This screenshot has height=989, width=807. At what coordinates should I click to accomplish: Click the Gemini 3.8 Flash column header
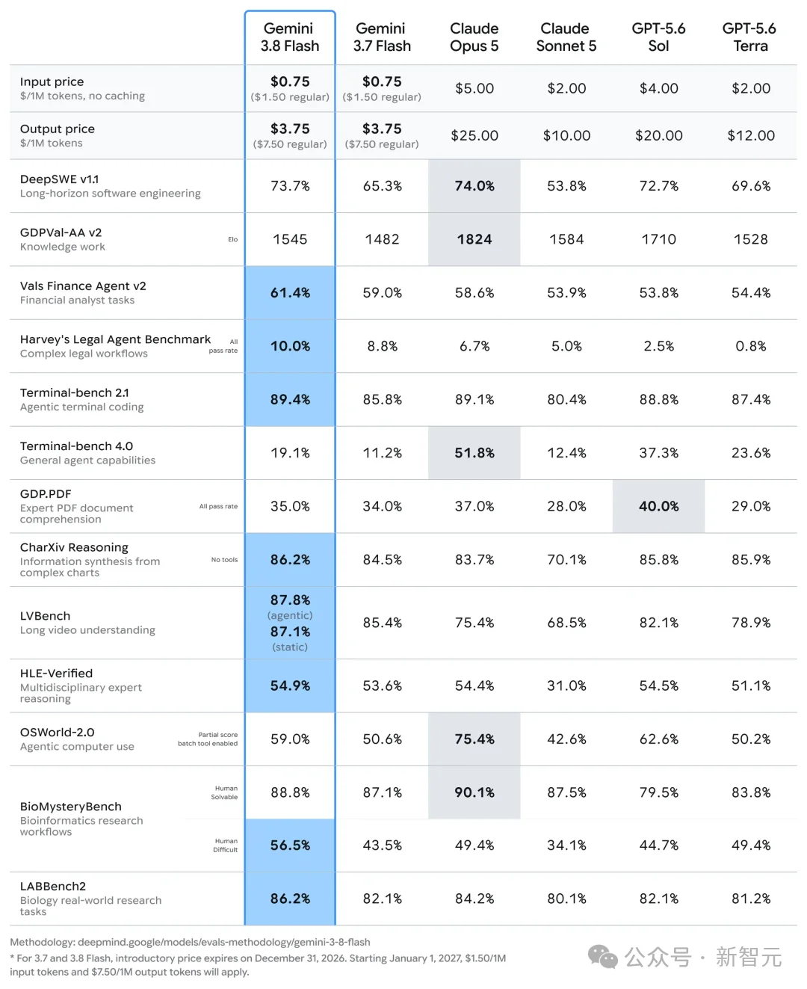[x=290, y=37]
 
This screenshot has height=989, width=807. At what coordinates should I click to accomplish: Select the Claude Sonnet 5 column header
[x=566, y=37]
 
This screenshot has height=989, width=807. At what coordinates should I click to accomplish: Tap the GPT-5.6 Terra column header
[x=749, y=37]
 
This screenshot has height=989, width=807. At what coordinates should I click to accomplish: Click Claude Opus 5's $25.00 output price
[x=474, y=135]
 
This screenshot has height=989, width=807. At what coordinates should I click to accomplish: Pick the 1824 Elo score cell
[x=474, y=239]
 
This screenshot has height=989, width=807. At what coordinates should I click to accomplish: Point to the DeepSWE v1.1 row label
[x=60, y=179]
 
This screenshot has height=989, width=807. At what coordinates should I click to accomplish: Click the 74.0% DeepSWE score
[x=474, y=185]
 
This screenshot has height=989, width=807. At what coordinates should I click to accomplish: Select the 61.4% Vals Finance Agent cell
[x=290, y=292]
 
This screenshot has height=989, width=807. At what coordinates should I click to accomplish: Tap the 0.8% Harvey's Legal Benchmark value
[x=750, y=346]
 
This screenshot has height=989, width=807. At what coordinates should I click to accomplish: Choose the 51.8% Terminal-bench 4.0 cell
[x=474, y=453]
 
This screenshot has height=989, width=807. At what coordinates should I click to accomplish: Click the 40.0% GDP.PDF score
[x=658, y=506]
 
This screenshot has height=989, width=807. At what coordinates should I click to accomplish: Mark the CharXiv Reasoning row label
[x=74, y=547]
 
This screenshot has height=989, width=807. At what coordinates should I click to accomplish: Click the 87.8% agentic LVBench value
[x=290, y=600]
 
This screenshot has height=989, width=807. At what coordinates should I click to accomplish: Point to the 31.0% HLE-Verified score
[x=566, y=685]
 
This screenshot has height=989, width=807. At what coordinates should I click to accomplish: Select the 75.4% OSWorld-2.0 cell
[x=474, y=739]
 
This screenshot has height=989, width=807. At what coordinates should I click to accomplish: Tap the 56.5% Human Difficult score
[x=290, y=845]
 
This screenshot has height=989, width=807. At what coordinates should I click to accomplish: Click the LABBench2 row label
[x=53, y=886]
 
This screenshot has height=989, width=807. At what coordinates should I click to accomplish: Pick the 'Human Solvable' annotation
[x=224, y=792]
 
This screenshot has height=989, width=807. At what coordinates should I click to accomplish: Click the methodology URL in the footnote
[x=223, y=942]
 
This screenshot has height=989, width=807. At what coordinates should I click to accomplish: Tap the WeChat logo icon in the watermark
[x=603, y=957]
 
